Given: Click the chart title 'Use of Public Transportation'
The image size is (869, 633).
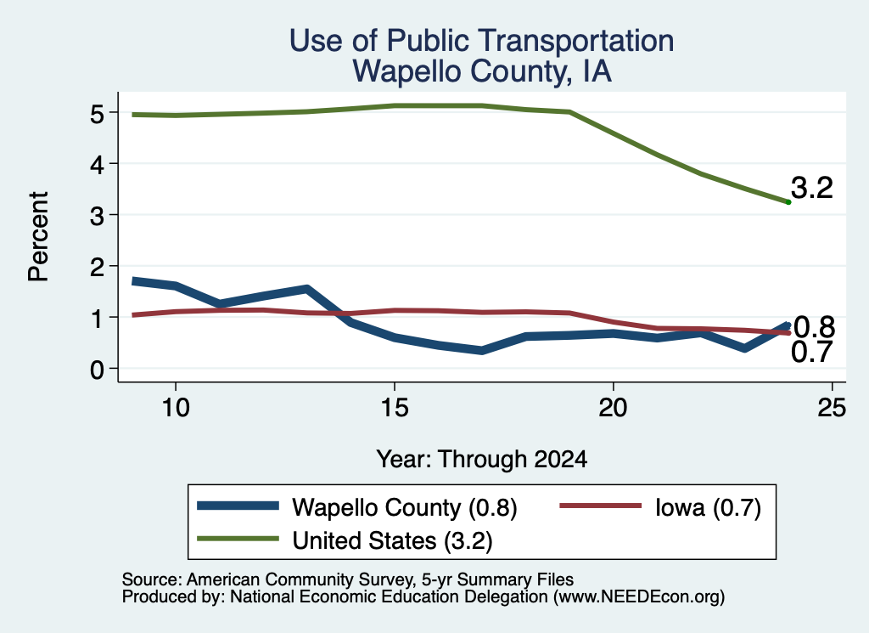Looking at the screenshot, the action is click(x=482, y=41).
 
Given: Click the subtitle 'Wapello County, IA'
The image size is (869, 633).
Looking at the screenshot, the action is click(x=482, y=71).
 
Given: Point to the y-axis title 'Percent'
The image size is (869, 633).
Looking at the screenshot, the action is click(x=38, y=237).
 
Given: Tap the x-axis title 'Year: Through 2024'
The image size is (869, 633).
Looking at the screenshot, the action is click(x=482, y=460).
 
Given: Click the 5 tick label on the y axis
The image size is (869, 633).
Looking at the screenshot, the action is click(x=97, y=114).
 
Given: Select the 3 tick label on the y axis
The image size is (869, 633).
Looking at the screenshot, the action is click(x=97, y=216).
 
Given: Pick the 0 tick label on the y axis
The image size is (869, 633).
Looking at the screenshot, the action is click(x=97, y=370).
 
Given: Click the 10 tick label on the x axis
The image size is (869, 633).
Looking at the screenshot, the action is click(x=176, y=408).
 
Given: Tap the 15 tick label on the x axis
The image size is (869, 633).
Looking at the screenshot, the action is click(x=395, y=408).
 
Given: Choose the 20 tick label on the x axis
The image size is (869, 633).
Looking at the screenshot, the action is click(x=613, y=408).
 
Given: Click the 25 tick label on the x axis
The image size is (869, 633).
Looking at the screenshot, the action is click(x=832, y=408).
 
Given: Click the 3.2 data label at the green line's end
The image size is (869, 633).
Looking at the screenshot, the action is click(x=812, y=188).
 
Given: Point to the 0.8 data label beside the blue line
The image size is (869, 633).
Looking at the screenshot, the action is click(x=815, y=327).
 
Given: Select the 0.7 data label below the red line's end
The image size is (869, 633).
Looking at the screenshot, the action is click(x=812, y=353).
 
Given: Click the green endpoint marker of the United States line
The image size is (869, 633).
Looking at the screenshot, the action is click(x=788, y=202).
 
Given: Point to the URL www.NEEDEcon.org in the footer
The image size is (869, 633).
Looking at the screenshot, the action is click(x=638, y=597).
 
